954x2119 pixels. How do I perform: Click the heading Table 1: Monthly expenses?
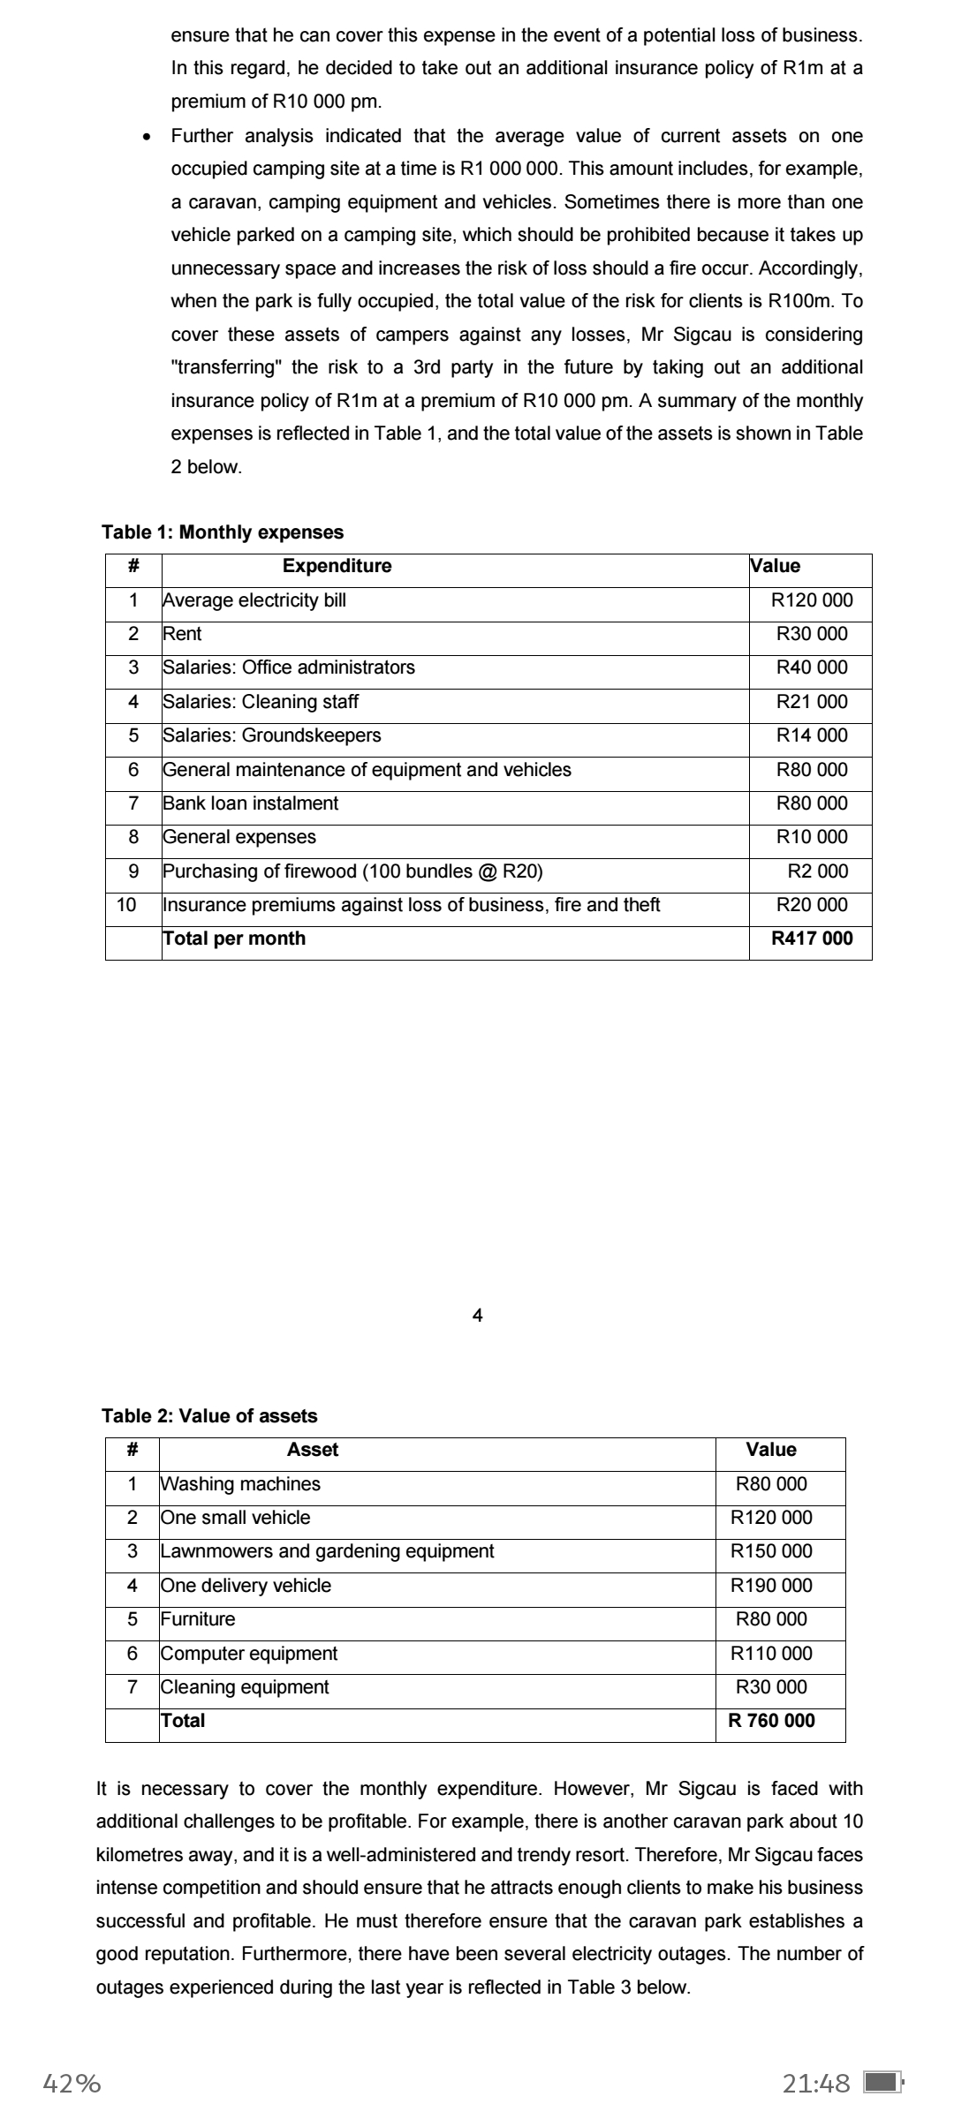click(x=223, y=532)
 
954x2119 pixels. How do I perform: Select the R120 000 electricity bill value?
click(x=812, y=600)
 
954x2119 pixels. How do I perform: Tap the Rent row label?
click(x=182, y=634)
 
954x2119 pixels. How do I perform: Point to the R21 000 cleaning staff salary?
click(x=812, y=702)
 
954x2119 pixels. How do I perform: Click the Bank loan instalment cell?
click(x=250, y=803)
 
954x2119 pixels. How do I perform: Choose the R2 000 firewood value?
click(x=818, y=871)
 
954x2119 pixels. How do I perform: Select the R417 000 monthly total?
click(x=812, y=939)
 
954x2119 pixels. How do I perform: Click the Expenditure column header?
click(x=337, y=566)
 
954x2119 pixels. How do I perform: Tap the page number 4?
click(x=478, y=1316)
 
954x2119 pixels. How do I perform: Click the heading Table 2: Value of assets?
click(x=209, y=1416)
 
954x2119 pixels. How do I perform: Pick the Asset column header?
click(x=313, y=1450)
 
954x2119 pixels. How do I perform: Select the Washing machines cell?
click(x=240, y=1484)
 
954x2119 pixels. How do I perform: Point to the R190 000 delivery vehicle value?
click(x=771, y=1586)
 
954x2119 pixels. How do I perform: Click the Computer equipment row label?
click(x=248, y=1654)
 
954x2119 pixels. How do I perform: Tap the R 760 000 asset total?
click(x=771, y=1721)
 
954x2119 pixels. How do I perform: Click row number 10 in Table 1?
click(x=126, y=905)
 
